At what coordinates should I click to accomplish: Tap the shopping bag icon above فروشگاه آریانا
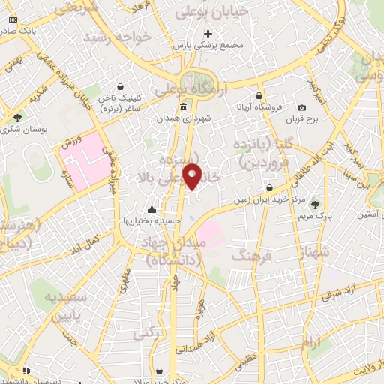tap(259, 96)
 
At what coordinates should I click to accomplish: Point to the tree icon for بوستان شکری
tap(17, 117)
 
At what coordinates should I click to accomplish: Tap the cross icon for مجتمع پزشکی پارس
tap(208, 34)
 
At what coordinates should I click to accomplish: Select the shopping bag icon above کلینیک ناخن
tap(120, 85)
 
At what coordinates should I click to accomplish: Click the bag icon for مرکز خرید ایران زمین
tap(269, 187)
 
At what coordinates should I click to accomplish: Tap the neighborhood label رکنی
tap(148, 331)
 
